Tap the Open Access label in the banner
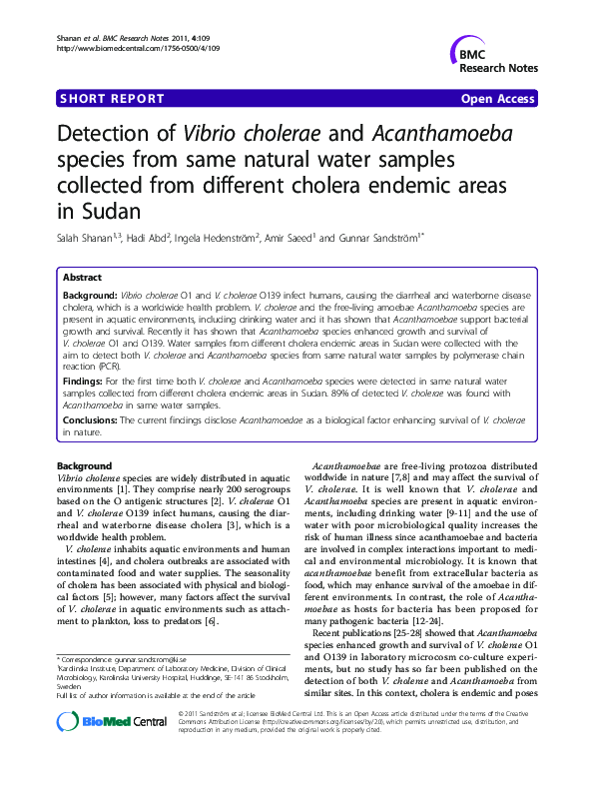pos(498,99)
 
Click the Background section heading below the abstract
pos(84,467)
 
